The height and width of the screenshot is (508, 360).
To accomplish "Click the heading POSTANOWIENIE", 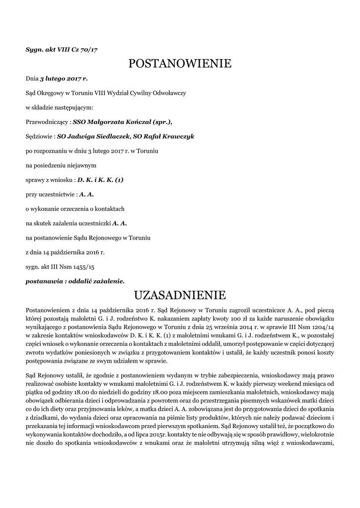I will tap(180, 63).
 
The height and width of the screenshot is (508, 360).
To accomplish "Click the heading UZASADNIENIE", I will tap(180, 295).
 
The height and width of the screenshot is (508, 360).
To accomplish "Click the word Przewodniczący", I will tap(47, 122).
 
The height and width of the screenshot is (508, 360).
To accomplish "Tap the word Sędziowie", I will tap(40, 136).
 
